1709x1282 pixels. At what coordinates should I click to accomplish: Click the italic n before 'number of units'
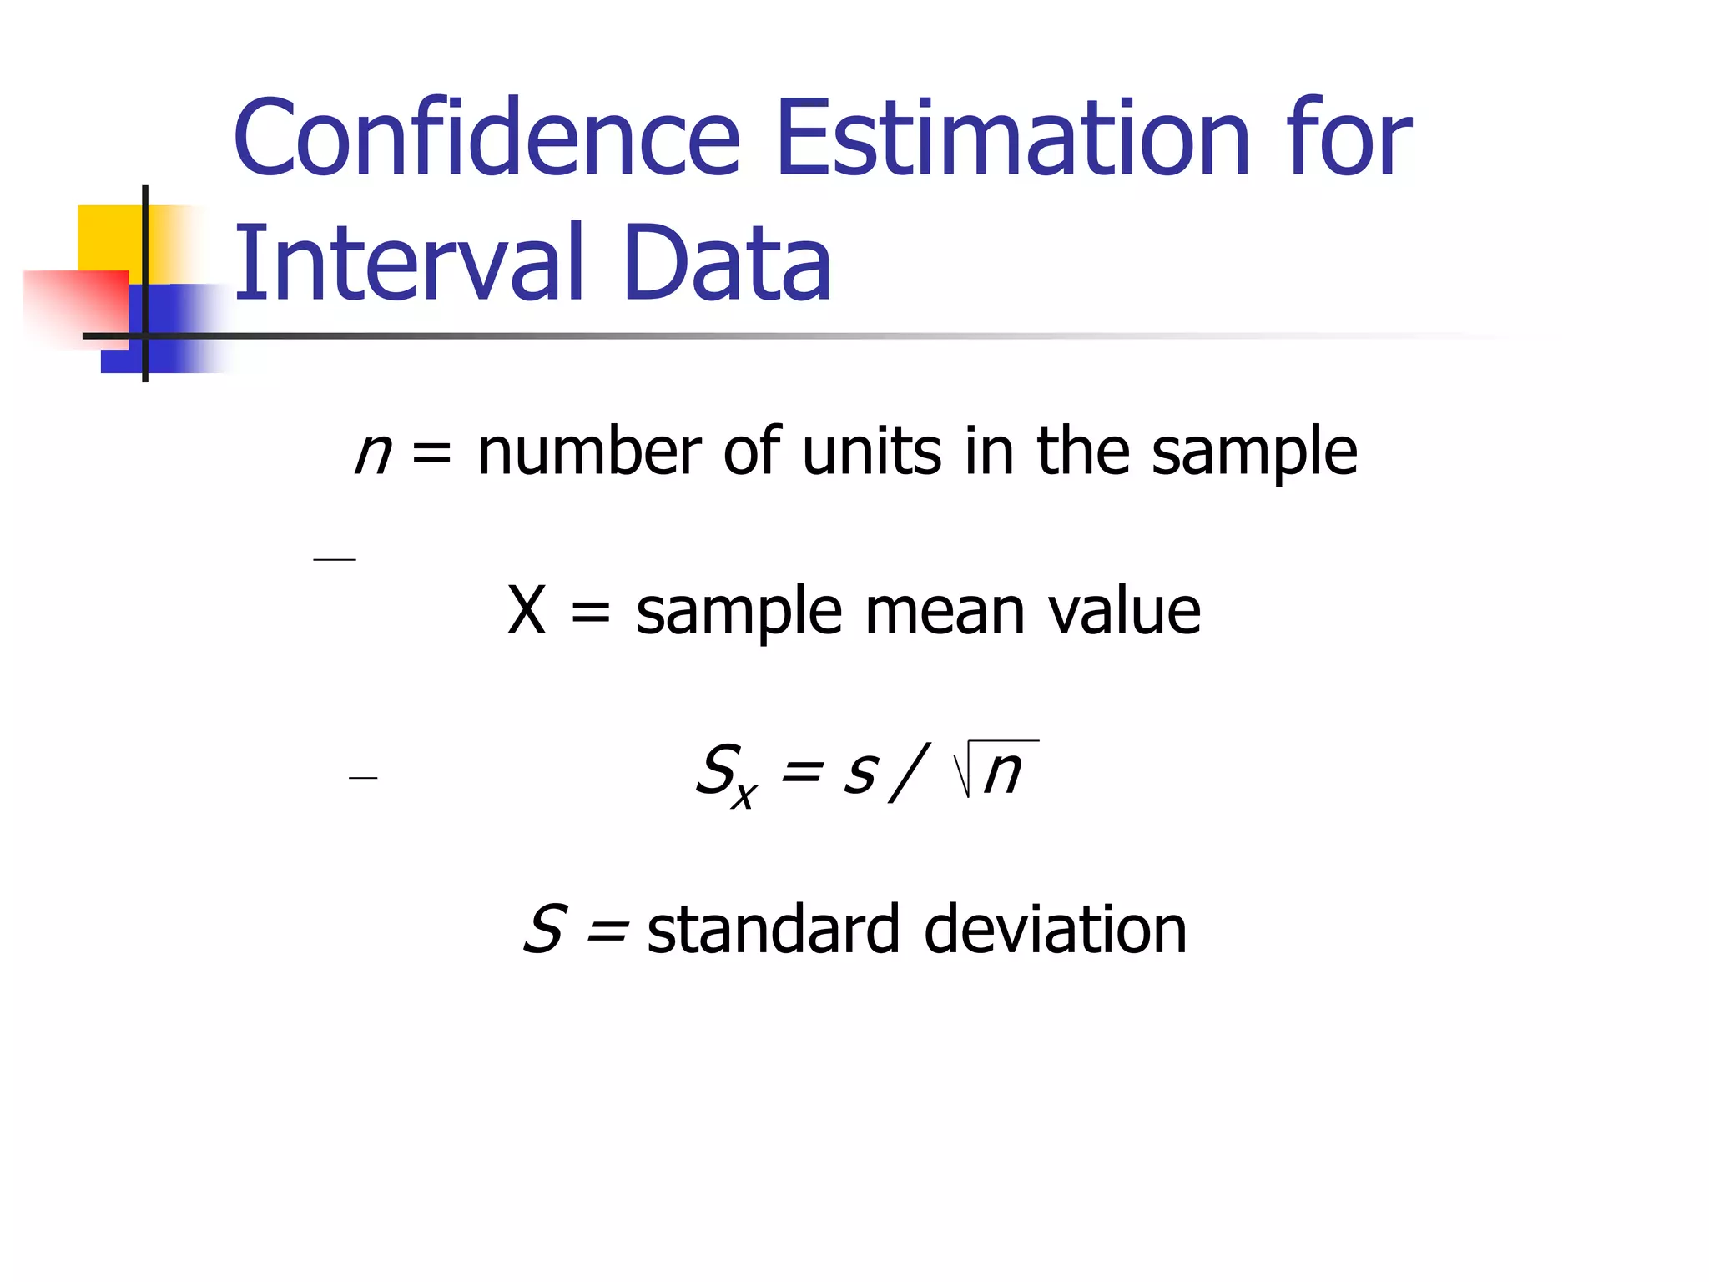pyautogui.click(x=372, y=453)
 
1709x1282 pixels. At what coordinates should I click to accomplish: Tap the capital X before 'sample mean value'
pyautogui.click(x=527, y=611)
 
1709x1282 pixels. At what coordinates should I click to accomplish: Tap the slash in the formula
pyautogui.click(x=909, y=772)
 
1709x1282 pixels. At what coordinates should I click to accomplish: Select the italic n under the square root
pyautogui.click(x=1002, y=772)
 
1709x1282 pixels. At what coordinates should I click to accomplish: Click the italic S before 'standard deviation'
pyautogui.click(x=546, y=929)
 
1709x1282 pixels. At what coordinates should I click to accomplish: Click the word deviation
pyautogui.click(x=1056, y=930)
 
